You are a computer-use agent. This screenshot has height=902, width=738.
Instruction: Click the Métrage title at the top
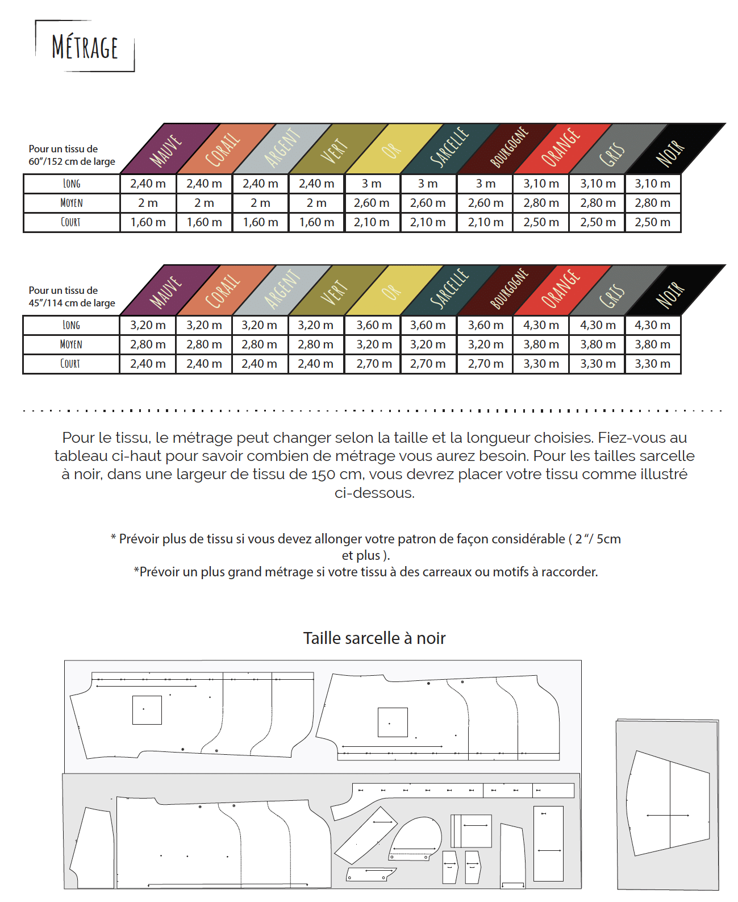point(85,47)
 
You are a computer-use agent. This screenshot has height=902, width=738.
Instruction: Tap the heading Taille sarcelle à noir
point(374,638)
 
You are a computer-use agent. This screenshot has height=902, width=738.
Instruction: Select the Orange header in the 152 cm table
point(561,148)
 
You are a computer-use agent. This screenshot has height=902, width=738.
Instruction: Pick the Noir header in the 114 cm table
point(670,294)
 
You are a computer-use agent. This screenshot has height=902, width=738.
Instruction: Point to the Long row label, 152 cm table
point(72,184)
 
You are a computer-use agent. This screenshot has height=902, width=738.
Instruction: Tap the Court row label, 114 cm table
point(70,364)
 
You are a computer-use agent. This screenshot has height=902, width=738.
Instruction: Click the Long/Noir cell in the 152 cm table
point(652,184)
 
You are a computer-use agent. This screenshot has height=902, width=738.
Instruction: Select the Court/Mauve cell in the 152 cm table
point(148,222)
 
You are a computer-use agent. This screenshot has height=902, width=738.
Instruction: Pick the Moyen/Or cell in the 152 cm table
point(372,203)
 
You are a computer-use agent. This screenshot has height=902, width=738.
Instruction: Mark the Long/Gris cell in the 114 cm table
point(598,325)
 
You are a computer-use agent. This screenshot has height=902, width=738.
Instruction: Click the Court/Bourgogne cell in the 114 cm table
point(485,364)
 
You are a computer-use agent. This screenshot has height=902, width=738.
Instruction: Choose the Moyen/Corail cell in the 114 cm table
point(204,344)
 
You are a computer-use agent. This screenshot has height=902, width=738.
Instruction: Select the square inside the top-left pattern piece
point(147,710)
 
